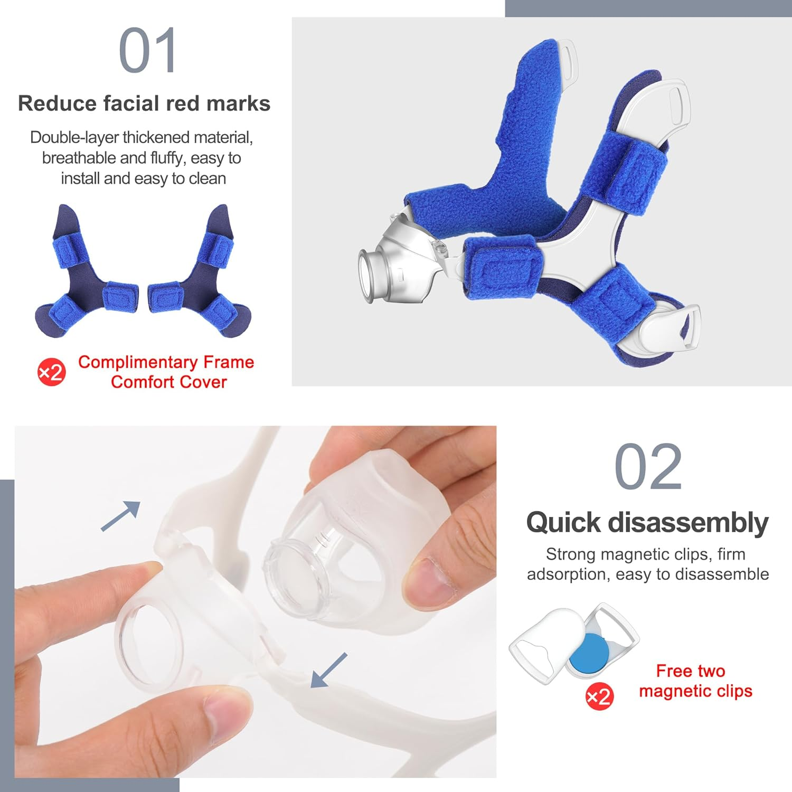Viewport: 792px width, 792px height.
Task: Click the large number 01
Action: (147, 51)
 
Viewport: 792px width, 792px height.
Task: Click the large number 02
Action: (648, 467)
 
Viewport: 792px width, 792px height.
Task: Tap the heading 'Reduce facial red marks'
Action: (144, 103)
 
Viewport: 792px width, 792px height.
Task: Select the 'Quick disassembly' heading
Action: (647, 523)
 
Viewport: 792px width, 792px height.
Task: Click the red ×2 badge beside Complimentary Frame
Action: (51, 373)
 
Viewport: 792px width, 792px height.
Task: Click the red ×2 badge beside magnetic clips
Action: (599, 697)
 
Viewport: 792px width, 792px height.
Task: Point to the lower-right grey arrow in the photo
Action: (328, 670)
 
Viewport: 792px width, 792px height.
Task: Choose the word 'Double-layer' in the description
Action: (75, 137)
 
